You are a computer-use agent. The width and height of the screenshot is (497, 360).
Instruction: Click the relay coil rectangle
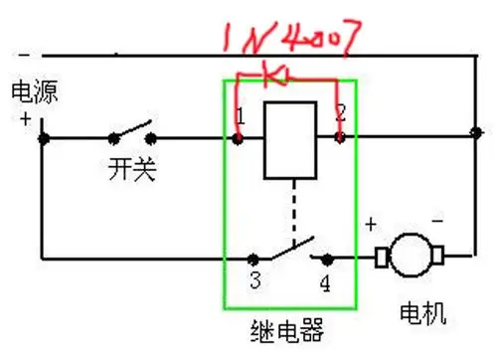pyautogui.click(x=288, y=139)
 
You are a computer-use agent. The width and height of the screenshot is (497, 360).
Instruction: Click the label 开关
pyautogui.click(x=132, y=170)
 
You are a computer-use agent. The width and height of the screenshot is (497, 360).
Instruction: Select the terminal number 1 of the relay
pyautogui.click(x=239, y=117)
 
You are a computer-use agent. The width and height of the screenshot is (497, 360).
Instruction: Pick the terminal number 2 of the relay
pyautogui.click(x=340, y=112)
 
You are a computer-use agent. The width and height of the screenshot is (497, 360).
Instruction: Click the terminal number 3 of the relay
pyautogui.click(x=255, y=280)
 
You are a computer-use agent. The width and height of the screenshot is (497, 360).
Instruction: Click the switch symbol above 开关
pyautogui.click(x=132, y=133)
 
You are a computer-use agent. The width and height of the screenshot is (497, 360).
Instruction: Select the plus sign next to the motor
pyautogui.click(x=371, y=225)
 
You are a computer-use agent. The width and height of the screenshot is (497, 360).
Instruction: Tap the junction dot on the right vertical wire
pyautogui.click(x=475, y=130)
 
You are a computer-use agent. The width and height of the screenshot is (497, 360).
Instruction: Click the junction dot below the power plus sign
pyautogui.click(x=43, y=138)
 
